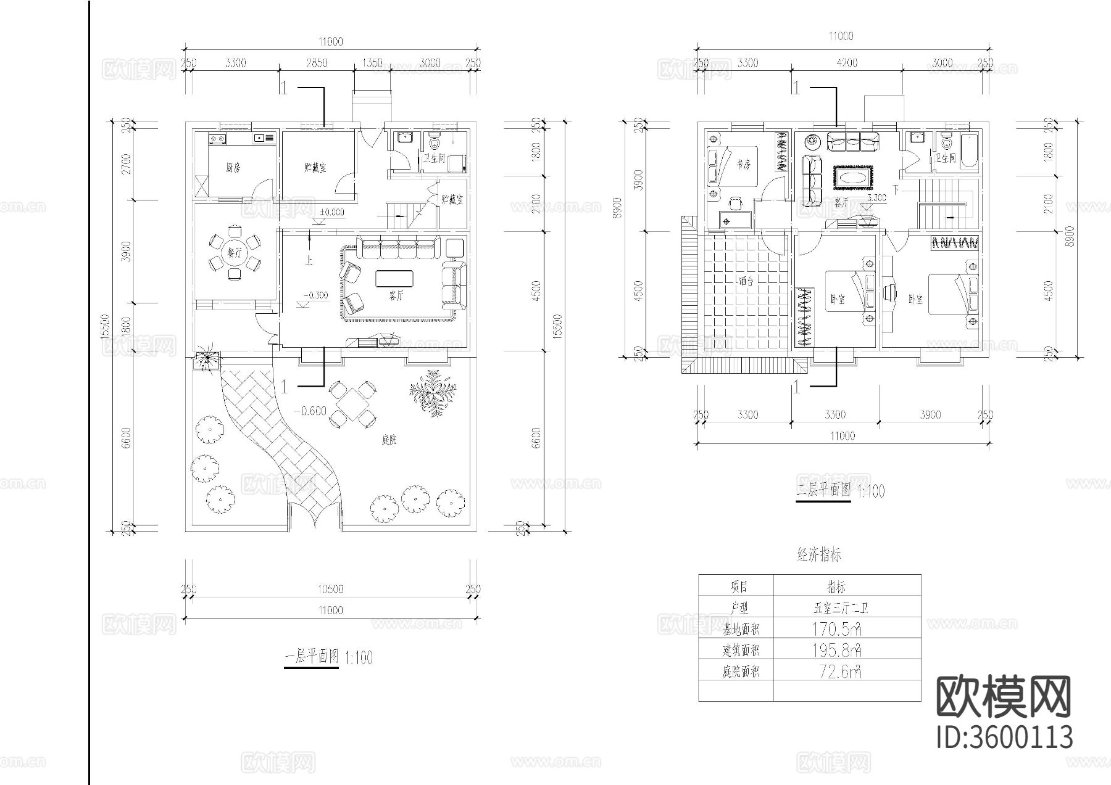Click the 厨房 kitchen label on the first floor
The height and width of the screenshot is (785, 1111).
pos(233,168)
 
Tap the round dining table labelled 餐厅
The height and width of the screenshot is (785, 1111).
pos(233,253)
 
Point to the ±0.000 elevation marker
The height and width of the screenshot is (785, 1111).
pos(332,212)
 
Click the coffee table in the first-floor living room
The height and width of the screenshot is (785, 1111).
pos(395,279)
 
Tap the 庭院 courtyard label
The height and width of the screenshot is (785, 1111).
pos(389,440)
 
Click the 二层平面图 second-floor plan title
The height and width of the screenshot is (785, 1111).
pos(823,491)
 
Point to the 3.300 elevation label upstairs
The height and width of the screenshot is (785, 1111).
pos(876,199)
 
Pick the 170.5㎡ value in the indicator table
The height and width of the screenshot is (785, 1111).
pos(837,629)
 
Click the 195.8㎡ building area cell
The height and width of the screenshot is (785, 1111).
pos(837,650)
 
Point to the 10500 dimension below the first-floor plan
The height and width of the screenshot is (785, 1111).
pos(331,589)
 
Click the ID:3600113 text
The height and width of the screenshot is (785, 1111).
pos(1004,737)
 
